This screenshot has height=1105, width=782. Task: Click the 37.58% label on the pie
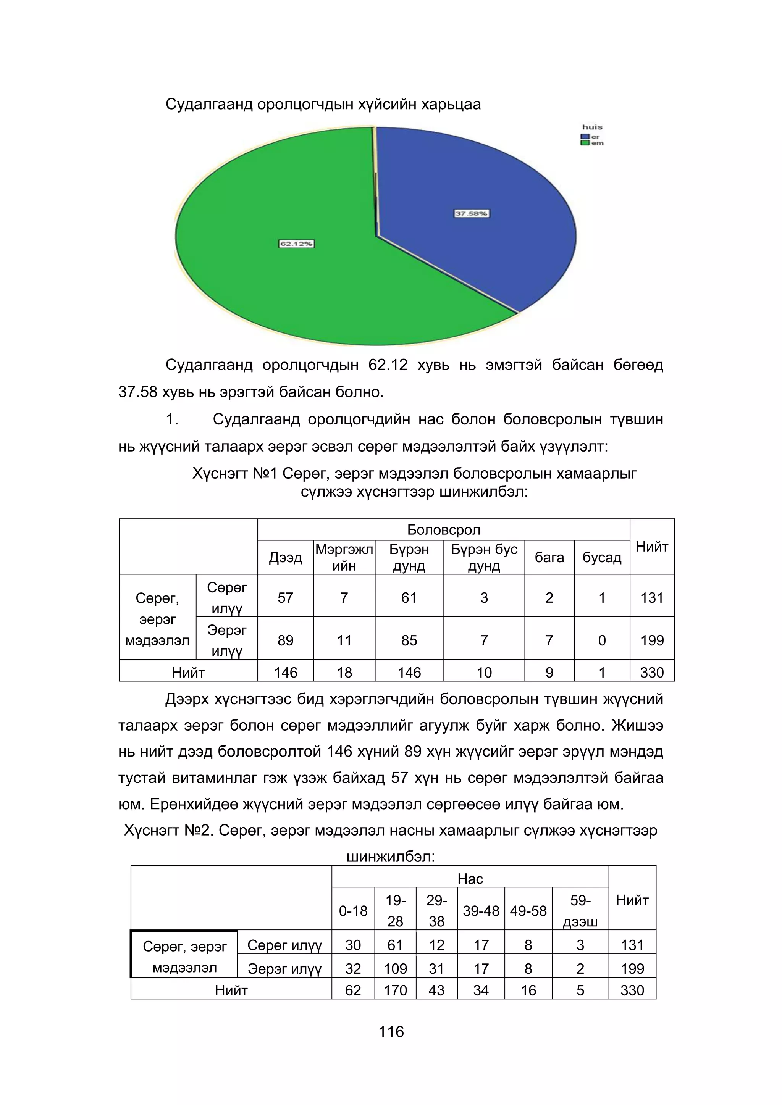tap(472, 213)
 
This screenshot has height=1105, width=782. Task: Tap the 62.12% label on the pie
tap(297, 244)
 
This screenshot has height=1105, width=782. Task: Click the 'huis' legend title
tap(592, 127)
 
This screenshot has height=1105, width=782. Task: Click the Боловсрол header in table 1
tap(443, 529)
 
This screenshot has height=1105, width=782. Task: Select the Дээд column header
tap(285, 557)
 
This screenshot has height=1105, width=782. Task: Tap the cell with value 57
tap(285, 597)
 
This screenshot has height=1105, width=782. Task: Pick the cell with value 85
tap(409, 640)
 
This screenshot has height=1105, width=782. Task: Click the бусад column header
tap(601, 557)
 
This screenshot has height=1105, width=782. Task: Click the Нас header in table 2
tap(470, 879)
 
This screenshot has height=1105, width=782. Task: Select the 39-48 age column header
tap(481, 911)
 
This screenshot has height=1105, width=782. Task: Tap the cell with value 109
tap(395, 968)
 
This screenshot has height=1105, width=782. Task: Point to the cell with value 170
tap(395, 990)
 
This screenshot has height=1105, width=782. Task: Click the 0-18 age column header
tap(353, 911)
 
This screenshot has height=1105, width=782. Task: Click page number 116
tap(391, 1031)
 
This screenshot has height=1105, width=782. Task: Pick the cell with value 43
tap(436, 990)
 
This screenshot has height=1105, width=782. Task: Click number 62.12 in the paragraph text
tap(388, 365)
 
